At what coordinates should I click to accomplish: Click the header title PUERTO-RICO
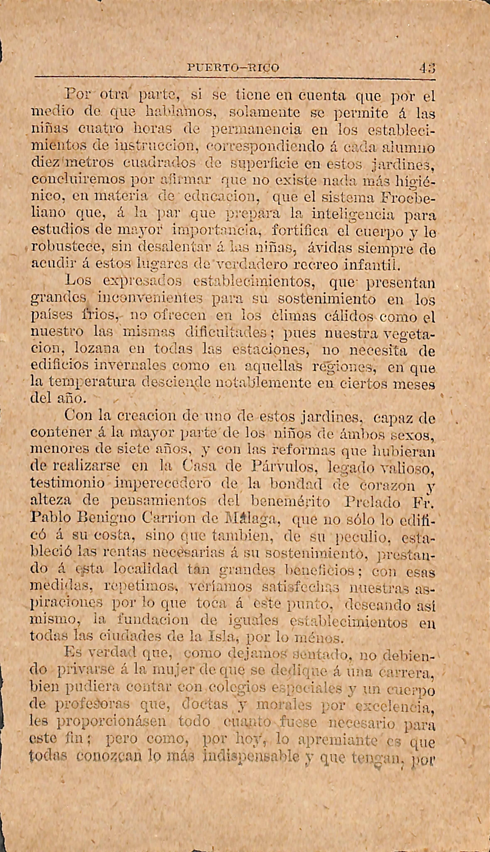233,68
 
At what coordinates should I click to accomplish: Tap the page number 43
427,68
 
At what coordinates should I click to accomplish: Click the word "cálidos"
350,316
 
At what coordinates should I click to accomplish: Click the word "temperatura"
92,382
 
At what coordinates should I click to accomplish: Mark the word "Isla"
219,636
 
